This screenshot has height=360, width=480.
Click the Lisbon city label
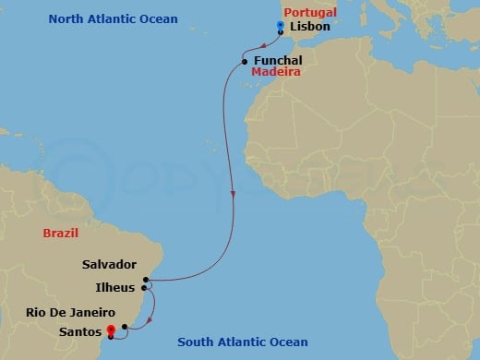click(310, 28)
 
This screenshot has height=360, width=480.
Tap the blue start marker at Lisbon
click(280, 26)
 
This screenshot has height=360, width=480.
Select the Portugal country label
click(310, 12)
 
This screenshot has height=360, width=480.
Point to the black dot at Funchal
click(244, 62)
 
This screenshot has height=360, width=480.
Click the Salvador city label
click(109, 264)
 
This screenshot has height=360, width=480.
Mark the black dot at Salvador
click(147, 279)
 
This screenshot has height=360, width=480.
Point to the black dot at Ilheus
click(145, 287)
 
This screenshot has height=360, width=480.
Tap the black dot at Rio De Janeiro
click(125, 326)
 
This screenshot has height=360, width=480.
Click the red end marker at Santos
click(111, 329)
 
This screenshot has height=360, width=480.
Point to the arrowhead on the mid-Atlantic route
click(234, 196)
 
